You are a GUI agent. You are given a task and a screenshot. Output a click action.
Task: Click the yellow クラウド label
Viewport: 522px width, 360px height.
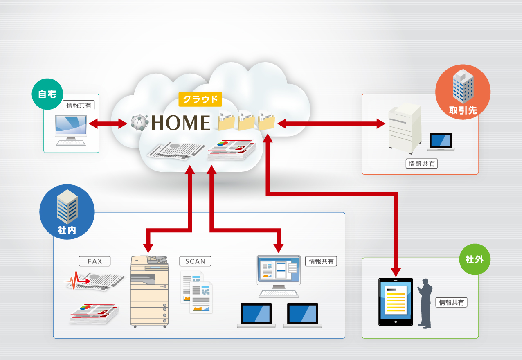coord(200,99)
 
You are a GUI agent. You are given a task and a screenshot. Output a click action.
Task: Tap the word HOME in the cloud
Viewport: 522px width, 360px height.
coord(180,123)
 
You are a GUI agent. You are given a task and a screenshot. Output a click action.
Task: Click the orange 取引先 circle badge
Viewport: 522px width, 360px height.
coord(463,92)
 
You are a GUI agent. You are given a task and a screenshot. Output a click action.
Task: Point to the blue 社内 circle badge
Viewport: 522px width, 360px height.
coord(67,212)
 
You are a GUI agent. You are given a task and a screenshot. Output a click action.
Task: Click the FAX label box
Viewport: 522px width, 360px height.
coord(94,261)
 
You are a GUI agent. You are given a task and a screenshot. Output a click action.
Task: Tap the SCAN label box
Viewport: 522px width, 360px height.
coord(195,261)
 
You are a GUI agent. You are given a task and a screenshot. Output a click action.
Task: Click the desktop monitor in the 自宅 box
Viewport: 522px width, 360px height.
coord(71,127)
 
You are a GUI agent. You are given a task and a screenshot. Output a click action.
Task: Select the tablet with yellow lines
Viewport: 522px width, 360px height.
coord(396,301)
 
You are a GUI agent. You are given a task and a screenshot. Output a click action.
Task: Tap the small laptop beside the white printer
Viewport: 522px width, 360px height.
coord(441,142)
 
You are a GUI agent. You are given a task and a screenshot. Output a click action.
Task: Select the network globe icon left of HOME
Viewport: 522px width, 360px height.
coord(139,122)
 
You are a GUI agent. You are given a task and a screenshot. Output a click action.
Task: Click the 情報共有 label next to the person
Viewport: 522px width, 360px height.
coord(452,303)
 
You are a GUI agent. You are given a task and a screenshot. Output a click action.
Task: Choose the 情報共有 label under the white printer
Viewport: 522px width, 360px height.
coord(422,164)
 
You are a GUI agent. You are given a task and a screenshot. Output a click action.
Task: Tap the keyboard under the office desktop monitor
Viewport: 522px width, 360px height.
coord(279,293)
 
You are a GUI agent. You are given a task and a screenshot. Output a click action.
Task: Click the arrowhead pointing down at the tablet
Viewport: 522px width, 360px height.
coord(396,272)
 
